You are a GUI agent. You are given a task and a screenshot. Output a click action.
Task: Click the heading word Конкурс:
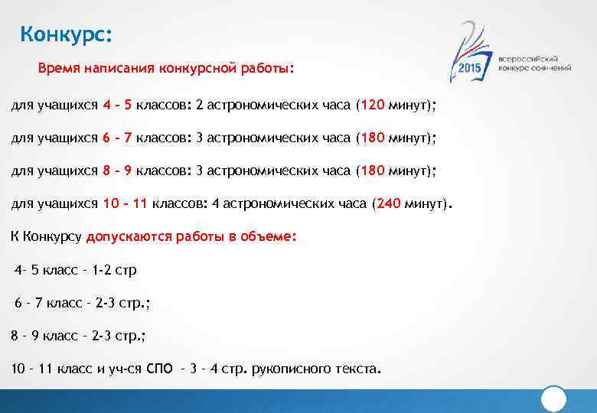click(x=66, y=35)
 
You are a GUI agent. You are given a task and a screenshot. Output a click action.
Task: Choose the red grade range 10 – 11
click(x=125, y=204)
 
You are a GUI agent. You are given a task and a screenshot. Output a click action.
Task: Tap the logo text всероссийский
click(x=527, y=58)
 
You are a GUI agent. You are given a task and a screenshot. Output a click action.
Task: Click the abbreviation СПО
click(x=159, y=369)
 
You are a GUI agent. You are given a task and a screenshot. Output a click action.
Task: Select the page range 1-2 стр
click(x=114, y=270)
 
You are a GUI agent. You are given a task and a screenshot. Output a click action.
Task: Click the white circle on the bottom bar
click(x=553, y=399)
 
